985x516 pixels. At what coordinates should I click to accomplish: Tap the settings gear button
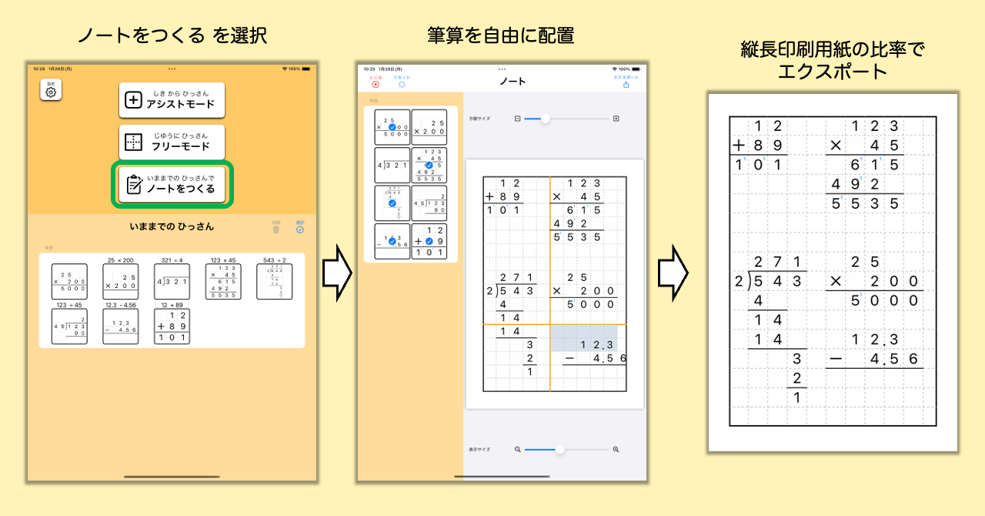[51, 91]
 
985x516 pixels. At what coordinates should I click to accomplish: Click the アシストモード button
[172, 100]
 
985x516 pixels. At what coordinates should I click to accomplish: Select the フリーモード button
[172, 142]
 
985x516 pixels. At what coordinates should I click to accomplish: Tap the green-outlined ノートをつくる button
[172, 185]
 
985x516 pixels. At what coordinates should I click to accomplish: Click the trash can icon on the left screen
[276, 228]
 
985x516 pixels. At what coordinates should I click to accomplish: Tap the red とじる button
[376, 83]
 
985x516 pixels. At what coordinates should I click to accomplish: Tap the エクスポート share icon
[626, 84]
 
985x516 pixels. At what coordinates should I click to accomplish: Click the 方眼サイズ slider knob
[546, 119]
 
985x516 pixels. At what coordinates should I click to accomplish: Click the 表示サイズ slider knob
[559, 449]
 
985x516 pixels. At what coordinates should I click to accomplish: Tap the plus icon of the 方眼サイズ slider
[616, 119]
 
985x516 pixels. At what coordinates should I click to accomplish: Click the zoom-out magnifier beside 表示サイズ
[517, 449]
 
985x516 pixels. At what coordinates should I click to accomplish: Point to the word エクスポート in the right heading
[832, 72]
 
